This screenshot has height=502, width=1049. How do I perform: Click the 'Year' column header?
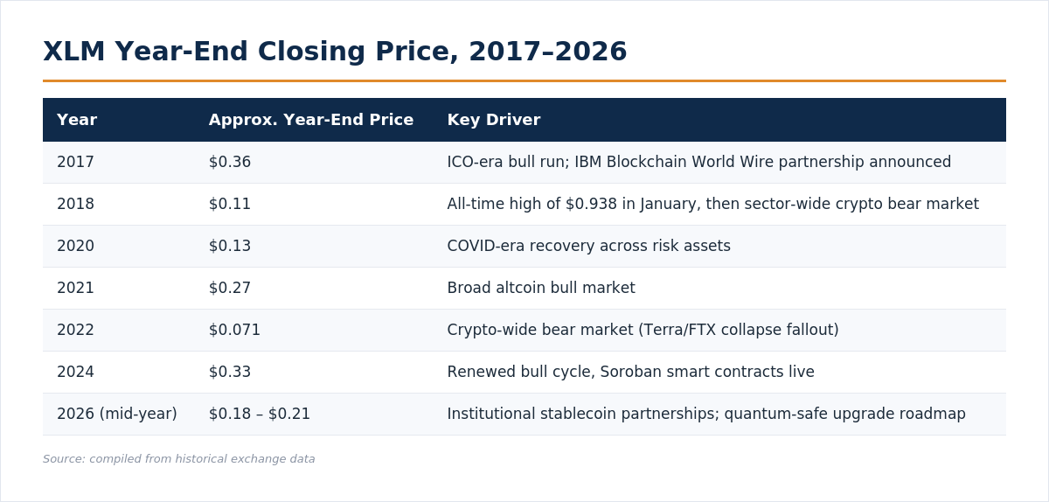click(x=77, y=120)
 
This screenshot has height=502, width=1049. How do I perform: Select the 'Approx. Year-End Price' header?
click(x=311, y=120)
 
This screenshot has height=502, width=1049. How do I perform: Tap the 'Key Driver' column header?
click(x=494, y=120)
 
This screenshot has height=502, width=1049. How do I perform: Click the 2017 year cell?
click(x=75, y=162)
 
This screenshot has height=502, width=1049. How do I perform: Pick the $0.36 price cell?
click(x=229, y=162)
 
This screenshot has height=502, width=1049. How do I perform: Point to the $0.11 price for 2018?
click(x=229, y=204)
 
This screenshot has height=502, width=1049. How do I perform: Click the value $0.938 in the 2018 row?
click(x=591, y=204)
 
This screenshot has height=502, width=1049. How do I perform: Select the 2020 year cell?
click(x=75, y=246)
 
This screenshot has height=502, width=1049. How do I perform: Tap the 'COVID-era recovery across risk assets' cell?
click(x=588, y=246)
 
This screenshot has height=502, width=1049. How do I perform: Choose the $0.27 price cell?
click(x=229, y=288)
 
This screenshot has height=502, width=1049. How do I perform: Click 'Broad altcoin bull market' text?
click(x=541, y=288)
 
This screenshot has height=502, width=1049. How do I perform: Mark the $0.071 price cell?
click(x=234, y=330)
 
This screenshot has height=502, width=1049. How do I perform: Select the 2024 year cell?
click(x=75, y=373)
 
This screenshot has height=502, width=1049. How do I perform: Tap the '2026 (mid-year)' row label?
click(x=116, y=414)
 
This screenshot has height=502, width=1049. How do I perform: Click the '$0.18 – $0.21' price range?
click(x=259, y=414)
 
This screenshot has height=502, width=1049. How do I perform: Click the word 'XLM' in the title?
click(x=74, y=52)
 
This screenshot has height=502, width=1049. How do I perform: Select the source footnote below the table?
click(x=178, y=459)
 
